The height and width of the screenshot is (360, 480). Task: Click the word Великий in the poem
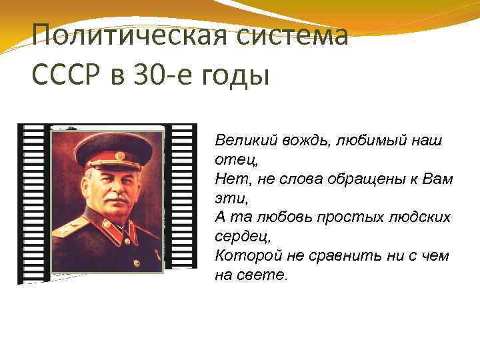tap(240, 141)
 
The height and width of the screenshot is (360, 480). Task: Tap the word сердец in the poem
tap(237, 237)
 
